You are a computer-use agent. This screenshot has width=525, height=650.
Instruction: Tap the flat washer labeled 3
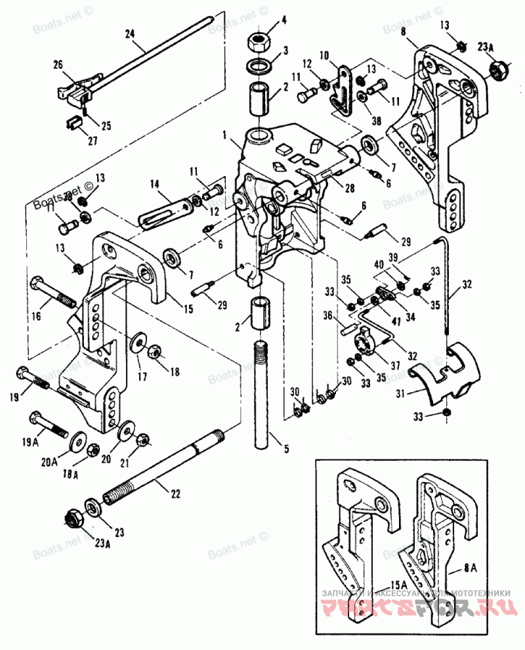pos(261,66)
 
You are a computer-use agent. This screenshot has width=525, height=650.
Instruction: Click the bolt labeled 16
pos(49,293)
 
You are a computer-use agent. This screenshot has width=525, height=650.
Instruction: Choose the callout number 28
pos(350,188)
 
